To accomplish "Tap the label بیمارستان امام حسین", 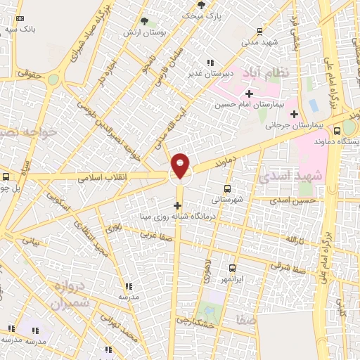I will [x=248, y=104].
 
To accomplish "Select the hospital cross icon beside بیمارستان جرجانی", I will [x=294, y=114].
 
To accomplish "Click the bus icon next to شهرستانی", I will [x=227, y=188].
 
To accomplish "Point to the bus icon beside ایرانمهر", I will [x=233, y=268].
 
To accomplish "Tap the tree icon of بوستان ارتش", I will [x=144, y=22].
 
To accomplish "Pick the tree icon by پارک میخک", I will [x=202, y=5].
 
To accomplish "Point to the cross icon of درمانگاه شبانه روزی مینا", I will [x=177, y=205].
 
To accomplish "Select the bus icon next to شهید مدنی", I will [x=260, y=31].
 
